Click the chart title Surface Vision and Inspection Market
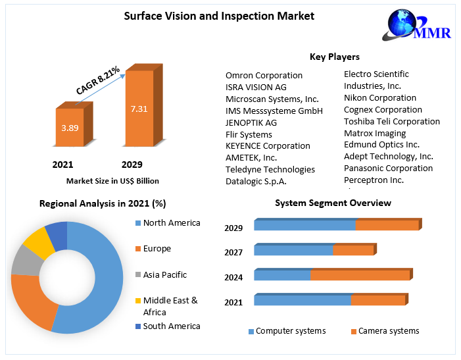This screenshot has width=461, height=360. pos(219,15)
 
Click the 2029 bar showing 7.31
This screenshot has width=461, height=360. pos(139,109)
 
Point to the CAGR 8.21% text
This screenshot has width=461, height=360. pos(97,80)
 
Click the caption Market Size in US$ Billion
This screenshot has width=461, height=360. pos(112,180)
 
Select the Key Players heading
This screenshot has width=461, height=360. pos(334,57)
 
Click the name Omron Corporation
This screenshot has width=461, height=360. pos(264,75)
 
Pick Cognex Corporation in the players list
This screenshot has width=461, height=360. pos(383,109)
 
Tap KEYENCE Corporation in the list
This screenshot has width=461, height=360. pos(268,145)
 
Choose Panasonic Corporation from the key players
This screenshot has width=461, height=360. pos(388,168)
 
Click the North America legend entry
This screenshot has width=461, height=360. pos(171,222)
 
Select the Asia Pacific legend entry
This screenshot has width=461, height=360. pos(164,274)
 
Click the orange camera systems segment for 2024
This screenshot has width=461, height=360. pos(359,275)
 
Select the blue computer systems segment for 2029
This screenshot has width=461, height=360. pos(304,226)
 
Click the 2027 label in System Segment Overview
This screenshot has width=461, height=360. pos(233,252)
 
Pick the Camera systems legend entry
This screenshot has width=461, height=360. pos(388,331)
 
